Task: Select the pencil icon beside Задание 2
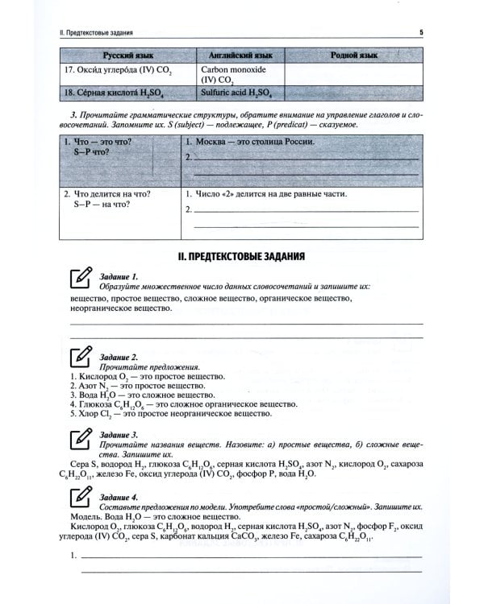click(79, 357)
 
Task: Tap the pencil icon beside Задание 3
click(79, 438)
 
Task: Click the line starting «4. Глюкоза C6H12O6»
click(173, 403)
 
